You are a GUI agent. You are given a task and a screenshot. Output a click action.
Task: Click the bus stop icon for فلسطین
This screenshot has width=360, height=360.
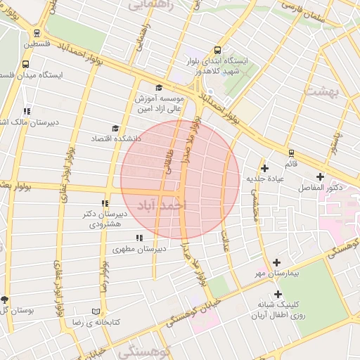click(x=36, y=32)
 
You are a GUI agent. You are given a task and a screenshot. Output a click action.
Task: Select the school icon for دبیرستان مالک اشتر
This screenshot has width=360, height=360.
click(x=27, y=111)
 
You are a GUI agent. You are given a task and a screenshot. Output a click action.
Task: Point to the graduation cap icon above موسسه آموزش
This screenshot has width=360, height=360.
click(x=159, y=87)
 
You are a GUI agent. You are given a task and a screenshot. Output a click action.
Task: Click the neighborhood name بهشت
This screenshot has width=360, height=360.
click(x=345, y=93)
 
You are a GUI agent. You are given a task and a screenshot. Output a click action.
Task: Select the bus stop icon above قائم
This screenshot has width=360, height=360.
click(x=290, y=153)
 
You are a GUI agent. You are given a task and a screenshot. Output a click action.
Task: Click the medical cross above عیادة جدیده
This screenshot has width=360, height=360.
click(x=264, y=168)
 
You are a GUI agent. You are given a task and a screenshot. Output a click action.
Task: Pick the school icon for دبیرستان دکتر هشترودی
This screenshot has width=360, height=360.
click(x=105, y=203)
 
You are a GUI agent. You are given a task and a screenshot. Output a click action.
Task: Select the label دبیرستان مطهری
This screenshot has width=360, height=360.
click(x=140, y=249)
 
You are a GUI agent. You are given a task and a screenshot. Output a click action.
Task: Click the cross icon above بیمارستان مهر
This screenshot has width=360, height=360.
click(x=276, y=262)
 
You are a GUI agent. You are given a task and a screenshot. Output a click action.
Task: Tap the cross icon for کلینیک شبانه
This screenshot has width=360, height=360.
click(x=278, y=295)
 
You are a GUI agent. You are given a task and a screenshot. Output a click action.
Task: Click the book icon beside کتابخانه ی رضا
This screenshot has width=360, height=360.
click(x=96, y=311)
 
